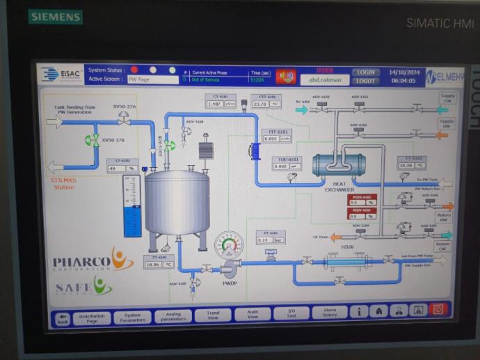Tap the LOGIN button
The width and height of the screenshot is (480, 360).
pos(366,72)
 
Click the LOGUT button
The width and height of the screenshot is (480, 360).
pos(366,81)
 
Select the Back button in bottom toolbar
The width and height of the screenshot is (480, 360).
pos(63,318)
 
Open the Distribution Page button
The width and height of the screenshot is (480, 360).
pos(92,317)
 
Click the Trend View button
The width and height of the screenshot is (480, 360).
pos(213,315)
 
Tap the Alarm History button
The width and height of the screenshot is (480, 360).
pos(329,313)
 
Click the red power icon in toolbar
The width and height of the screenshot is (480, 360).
pos(438,311)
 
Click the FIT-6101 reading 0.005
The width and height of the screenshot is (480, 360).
pos(272,139)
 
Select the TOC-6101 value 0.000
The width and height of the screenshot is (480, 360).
pos(281,166)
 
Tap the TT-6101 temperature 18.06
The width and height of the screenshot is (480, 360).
pos(154,264)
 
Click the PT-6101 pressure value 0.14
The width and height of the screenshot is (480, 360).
pos(264,240)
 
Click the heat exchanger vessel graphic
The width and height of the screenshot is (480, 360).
pos(338,165)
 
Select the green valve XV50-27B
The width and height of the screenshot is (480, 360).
pos(92,141)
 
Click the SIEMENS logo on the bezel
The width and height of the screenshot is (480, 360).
pos(55,17)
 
